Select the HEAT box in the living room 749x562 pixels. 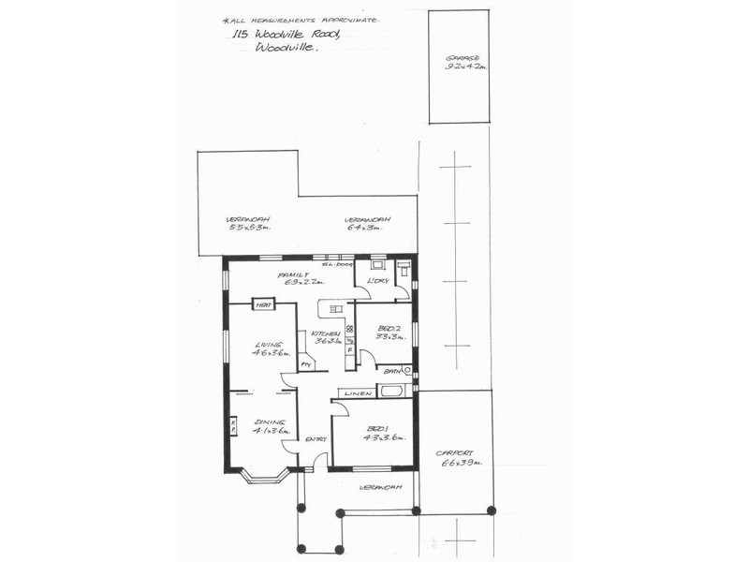(263, 305)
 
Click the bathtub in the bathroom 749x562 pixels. (390, 391)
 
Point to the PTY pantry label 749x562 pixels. (305, 365)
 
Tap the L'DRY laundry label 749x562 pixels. (378, 280)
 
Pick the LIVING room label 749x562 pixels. (269, 345)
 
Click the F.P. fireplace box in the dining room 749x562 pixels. (233, 426)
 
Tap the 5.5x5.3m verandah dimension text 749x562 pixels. (249, 228)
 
